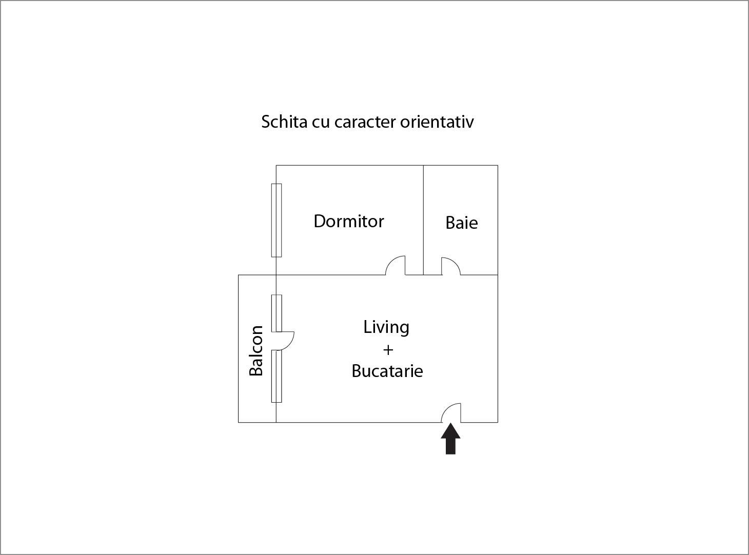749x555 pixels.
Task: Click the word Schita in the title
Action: pos(284,122)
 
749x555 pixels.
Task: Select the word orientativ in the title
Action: pos(437,122)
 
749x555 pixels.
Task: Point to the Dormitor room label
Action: pos(349,221)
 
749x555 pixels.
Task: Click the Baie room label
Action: pos(462,223)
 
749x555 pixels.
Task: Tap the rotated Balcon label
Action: pos(255,351)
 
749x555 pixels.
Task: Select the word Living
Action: pos(386,327)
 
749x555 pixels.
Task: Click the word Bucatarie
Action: pos(387,371)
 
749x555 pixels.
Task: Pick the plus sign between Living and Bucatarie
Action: pos(388,350)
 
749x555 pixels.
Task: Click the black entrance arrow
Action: pos(450,439)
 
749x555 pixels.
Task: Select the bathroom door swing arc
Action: pos(451,266)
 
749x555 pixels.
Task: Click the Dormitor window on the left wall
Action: pos(277,220)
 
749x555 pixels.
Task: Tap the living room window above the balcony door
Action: pos(277,313)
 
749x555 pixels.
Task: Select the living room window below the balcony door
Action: pos(277,376)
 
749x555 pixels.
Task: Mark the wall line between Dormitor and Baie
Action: pos(423,220)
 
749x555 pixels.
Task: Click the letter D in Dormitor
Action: pos(319,221)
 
